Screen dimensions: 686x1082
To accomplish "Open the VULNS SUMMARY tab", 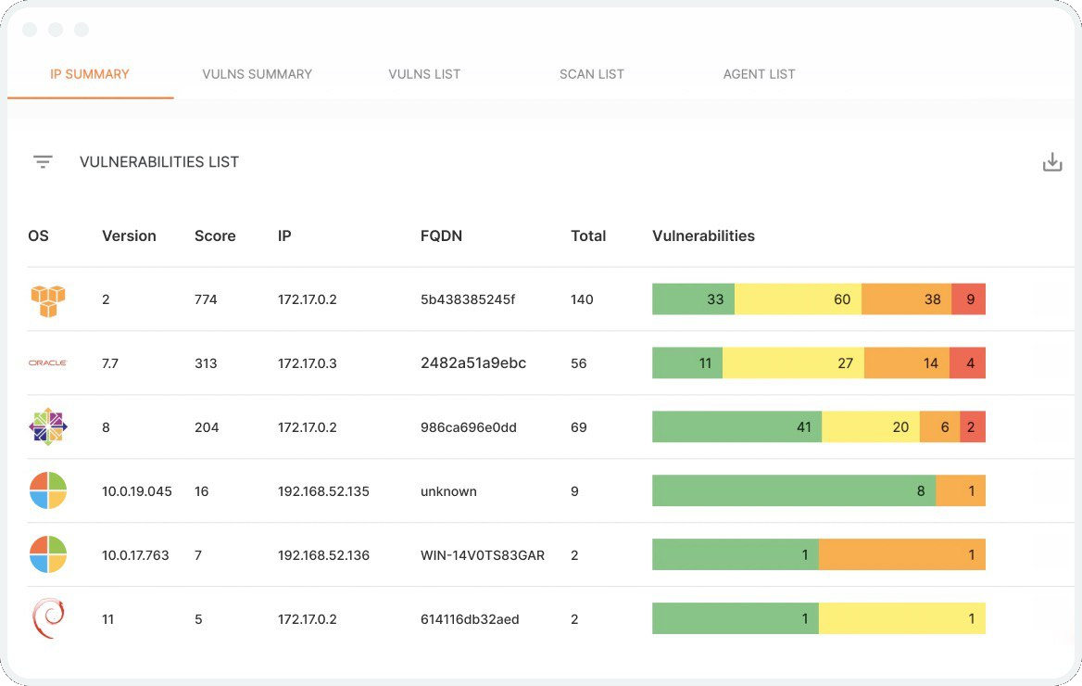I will pyautogui.click(x=257, y=74).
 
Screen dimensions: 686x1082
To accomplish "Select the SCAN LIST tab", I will pyautogui.click(x=592, y=74).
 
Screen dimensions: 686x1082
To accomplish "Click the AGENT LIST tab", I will pyautogui.click(x=759, y=74).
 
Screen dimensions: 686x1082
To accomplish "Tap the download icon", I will pyautogui.click(x=1051, y=162).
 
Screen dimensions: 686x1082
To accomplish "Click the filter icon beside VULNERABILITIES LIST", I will pyautogui.click(x=43, y=162).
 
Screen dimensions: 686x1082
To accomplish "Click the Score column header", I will pyautogui.click(x=215, y=235).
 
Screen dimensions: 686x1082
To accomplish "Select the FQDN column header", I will pyautogui.click(x=441, y=235).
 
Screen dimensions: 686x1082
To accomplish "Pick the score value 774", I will pyautogui.click(x=206, y=299).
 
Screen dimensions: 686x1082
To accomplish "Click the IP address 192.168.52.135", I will pyautogui.click(x=323, y=491).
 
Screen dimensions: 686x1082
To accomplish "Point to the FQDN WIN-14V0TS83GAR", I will pyautogui.click(x=482, y=555).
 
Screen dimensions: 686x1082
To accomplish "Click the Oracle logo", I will pyautogui.click(x=48, y=363).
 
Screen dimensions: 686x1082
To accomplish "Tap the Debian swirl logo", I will pyautogui.click(x=48, y=618).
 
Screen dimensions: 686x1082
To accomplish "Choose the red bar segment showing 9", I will pyautogui.click(x=968, y=299).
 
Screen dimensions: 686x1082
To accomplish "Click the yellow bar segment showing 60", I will pyautogui.click(x=798, y=299).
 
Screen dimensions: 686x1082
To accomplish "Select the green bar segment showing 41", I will pyautogui.click(x=736, y=427).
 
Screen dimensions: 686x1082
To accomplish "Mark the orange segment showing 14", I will pyautogui.click(x=907, y=363).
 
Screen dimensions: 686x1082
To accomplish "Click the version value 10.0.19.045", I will pyautogui.click(x=137, y=491).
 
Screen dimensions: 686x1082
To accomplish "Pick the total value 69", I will pyautogui.click(x=579, y=427).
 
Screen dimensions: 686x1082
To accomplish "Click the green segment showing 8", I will pyautogui.click(x=794, y=491).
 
